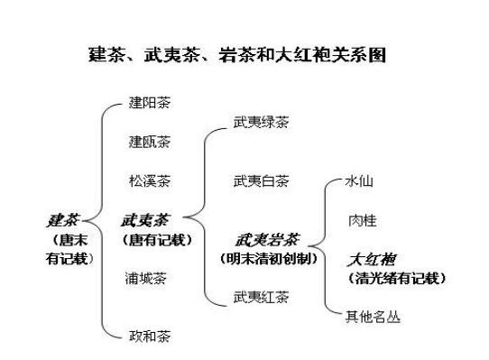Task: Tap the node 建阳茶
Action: [149, 104]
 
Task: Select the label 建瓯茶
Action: [149, 142]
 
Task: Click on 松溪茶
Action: [149, 180]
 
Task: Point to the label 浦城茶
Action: [147, 278]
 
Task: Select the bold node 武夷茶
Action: [145, 219]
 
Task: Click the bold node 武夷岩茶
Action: [266, 240]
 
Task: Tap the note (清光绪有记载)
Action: [398, 278]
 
